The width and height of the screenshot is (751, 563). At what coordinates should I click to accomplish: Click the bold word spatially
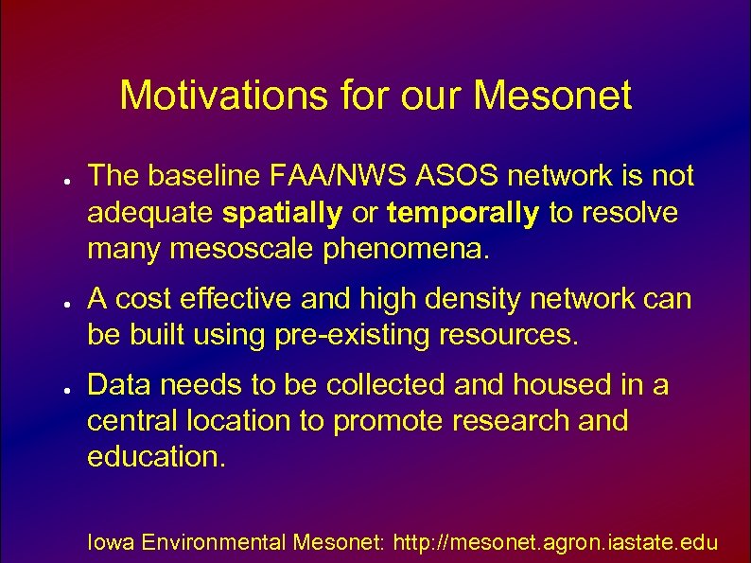pyautogui.click(x=283, y=214)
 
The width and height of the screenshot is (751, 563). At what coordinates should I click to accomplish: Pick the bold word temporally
pyautogui.click(x=463, y=214)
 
